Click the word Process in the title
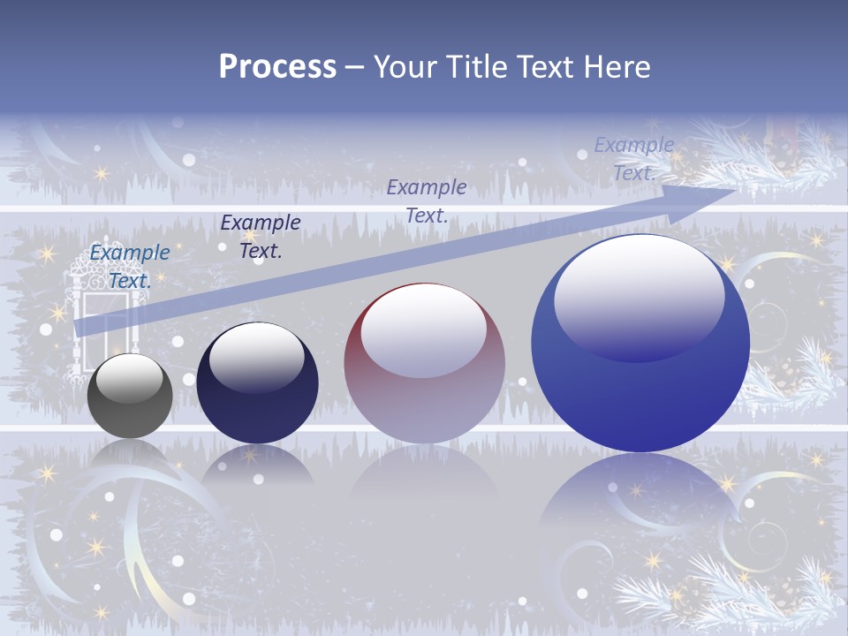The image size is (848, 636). [x=277, y=66]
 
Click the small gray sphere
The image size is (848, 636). [x=130, y=396]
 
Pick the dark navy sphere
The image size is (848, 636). [x=257, y=383]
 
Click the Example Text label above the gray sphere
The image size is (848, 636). [x=130, y=267]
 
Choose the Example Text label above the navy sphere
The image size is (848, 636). [x=261, y=236]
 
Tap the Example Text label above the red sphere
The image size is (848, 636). [x=427, y=201]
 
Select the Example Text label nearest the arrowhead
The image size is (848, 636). [x=633, y=159]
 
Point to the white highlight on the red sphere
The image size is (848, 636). [x=424, y=331]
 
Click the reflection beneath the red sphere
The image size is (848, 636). [x=424, y=473]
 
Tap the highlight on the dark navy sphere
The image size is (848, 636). [x=256, y=358]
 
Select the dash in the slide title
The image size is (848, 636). [x=355, y=67]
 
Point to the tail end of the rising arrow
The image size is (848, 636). [x=81, y=327]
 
